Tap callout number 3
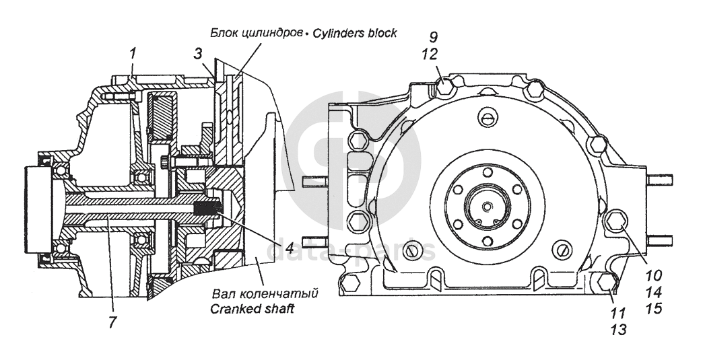[x=198, y=55]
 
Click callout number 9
[x=434, y=37]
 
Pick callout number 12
[x=429, y=55]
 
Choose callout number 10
[x=654, y=274]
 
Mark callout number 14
[x=654, y=293]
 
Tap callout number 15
[x=654, y=310]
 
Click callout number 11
[x=617, y=312]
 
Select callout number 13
[x=617, y=330]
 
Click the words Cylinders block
[x=355, y=33]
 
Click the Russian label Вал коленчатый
[x=265, y=294]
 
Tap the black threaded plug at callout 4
[x=209, y=209]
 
